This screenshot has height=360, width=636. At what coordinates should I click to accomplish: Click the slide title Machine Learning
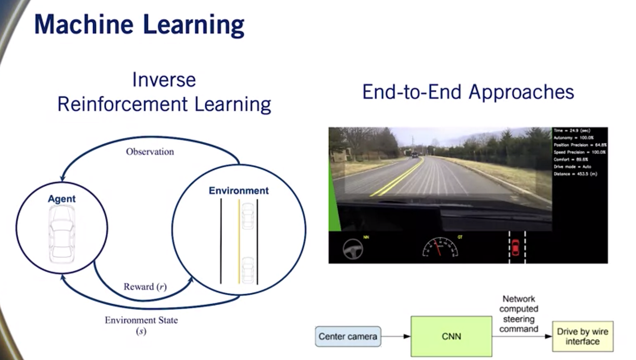coord(139,25)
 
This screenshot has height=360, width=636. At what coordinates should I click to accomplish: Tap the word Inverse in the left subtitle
coord(164,80)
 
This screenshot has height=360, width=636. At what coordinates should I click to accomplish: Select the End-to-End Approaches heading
coord(468,92)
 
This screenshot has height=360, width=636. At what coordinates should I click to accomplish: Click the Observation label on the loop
coord(150,152)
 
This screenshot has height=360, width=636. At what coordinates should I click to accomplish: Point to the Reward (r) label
coord(145,287)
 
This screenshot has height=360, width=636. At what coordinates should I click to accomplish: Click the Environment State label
coord(141,321)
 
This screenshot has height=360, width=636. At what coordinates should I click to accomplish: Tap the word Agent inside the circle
coord(62,199)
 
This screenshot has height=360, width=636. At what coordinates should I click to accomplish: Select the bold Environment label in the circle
coord(238,191)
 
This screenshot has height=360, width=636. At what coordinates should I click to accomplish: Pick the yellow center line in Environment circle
coord(239,241)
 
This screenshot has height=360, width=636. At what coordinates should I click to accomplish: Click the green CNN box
coord(451,336)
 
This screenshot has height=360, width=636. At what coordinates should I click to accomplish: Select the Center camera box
coord(348,336)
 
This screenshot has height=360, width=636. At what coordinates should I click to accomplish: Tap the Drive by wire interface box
coord(582,336)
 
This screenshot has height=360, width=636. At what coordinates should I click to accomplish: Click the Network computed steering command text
coord(518,314)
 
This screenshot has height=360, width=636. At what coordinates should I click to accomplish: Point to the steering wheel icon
coord(353,248)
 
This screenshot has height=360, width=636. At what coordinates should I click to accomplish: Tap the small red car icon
coord(515,247)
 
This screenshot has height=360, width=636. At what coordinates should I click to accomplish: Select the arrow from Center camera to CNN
coord(395,336)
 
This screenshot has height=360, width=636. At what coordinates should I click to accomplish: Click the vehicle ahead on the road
coord(415,155)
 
